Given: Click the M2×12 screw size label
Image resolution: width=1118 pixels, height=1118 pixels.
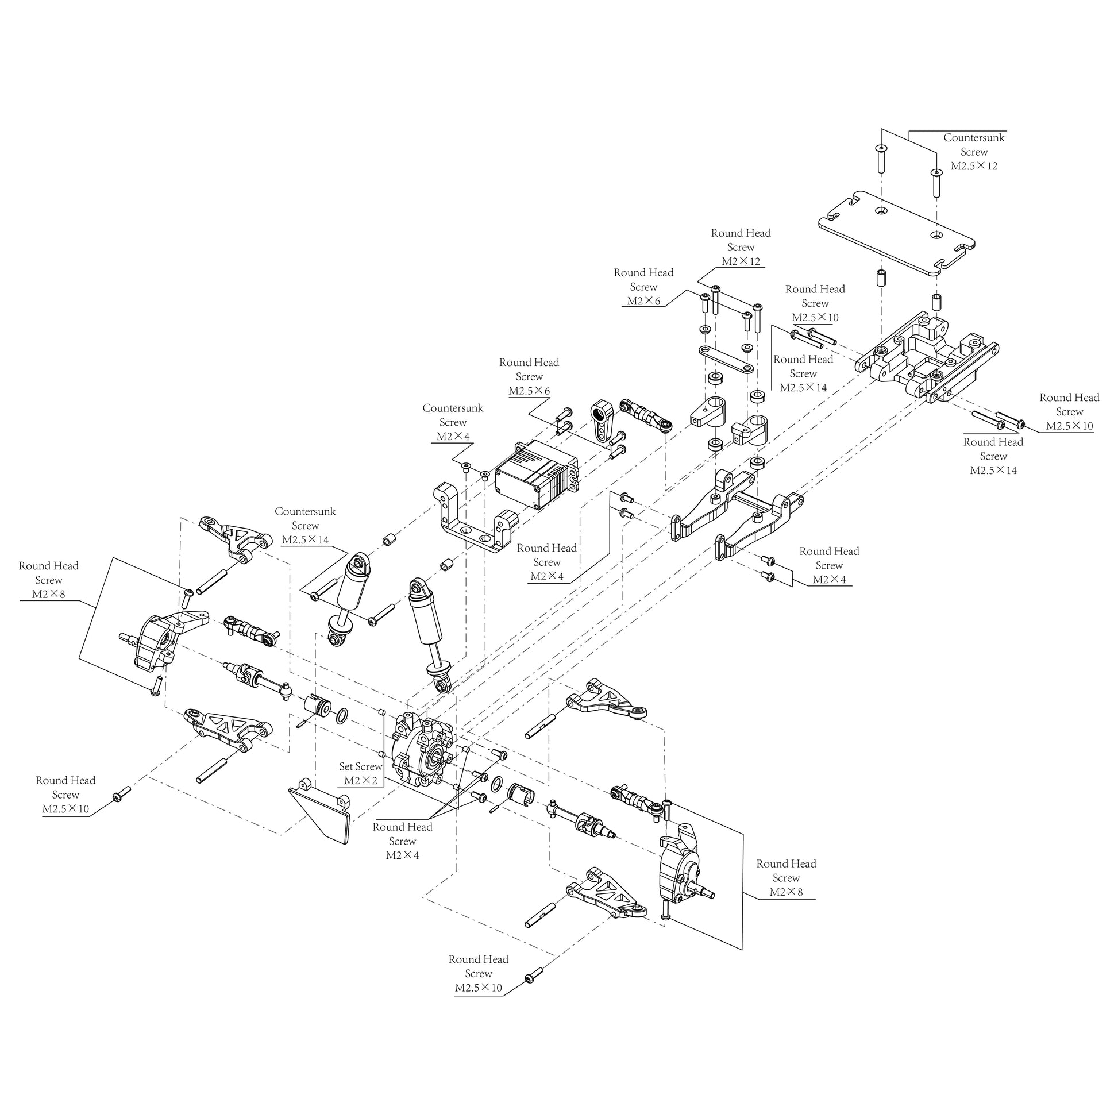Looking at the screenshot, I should click(741, 261).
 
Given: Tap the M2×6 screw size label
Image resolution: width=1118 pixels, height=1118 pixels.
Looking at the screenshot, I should click(643, 302).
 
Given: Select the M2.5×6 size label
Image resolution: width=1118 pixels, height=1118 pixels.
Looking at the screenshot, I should click(529, 391).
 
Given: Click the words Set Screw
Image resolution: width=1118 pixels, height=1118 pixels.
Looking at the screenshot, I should click(361, 767).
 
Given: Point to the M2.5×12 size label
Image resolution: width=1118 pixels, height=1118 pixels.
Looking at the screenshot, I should click(974, 167).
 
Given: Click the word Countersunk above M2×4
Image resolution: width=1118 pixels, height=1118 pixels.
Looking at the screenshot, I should click(453, 408).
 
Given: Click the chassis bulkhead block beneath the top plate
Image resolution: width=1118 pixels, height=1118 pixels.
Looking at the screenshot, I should click(926, 358).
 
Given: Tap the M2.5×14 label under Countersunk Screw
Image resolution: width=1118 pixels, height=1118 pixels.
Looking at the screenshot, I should click(305, 541).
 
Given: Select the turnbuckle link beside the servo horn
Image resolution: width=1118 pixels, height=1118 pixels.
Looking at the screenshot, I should click(645, 414).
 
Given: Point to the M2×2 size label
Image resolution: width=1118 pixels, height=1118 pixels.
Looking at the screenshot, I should click(361, 781).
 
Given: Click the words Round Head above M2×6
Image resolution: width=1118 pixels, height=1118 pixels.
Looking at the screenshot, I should click(643, 273).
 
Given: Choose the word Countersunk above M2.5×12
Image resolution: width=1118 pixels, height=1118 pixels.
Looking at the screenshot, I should click(974, 138).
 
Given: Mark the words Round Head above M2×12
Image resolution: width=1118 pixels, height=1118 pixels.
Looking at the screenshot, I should click(741, 233).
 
